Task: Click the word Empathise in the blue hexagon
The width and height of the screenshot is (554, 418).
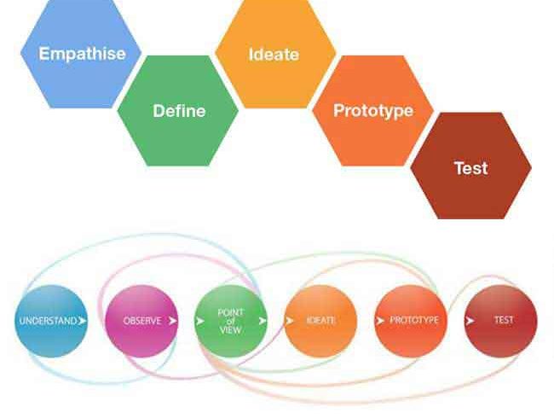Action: [x=82, y=54]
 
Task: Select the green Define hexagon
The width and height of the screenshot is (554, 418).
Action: [x=178, y=110]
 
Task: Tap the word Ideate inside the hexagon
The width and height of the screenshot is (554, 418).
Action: [x=274, y=55]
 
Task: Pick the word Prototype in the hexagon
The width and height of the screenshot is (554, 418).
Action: [x=373, y=111]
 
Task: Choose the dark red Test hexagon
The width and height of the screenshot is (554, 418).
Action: [x=471, y=165]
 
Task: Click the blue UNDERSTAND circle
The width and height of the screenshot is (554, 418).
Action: [x=51, y=321]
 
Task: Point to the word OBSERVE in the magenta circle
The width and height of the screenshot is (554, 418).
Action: [x=142, y=321]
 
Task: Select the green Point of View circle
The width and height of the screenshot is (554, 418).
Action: [x=231, y=321]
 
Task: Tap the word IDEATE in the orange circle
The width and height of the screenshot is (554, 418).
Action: [x=320, y=321]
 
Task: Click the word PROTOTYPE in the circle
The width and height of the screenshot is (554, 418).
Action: [x=414, y=320]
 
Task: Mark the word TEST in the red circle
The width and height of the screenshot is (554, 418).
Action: [x=504, y=320]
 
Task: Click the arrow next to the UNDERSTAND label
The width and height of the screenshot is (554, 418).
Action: [x=83, y=321]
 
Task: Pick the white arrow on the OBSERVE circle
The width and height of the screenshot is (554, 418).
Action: [x=172, y=321]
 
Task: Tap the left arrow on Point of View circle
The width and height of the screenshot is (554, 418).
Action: [x=200, y=321]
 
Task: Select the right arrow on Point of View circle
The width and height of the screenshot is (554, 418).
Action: [x=263, y=321]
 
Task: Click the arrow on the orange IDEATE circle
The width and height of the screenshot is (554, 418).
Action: [x=290, y=321]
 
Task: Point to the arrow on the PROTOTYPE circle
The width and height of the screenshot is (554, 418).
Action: [x=380, y=321]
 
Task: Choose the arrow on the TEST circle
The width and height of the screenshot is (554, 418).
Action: [x=470, y=321]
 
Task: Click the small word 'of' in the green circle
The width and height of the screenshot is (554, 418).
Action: [x=231, y=322]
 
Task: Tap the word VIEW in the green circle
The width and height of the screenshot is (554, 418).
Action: [x=230, y=330]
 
